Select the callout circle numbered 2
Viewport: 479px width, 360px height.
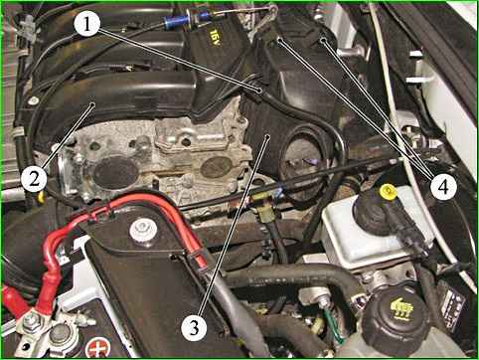(34, 179)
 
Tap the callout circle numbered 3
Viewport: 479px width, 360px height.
(195, 327)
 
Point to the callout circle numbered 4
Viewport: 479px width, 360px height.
(443, 187)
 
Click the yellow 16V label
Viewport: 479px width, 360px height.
(214, 37)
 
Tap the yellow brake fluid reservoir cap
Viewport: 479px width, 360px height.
(389, 192)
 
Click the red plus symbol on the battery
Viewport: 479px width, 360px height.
(97, 348)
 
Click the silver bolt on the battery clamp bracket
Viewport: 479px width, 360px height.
(143, 230)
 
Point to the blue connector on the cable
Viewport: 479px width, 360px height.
(174, 22)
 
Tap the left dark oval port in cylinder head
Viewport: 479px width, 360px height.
(116, 173)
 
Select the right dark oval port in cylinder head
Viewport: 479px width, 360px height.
(217, 167)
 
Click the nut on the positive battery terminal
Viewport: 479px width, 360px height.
(32, 320)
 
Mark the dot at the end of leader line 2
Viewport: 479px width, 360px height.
(92, 105)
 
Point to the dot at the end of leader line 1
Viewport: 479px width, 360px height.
(259, 90)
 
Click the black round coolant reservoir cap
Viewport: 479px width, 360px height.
(396, 315)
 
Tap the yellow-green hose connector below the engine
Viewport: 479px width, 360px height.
(263, 207)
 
